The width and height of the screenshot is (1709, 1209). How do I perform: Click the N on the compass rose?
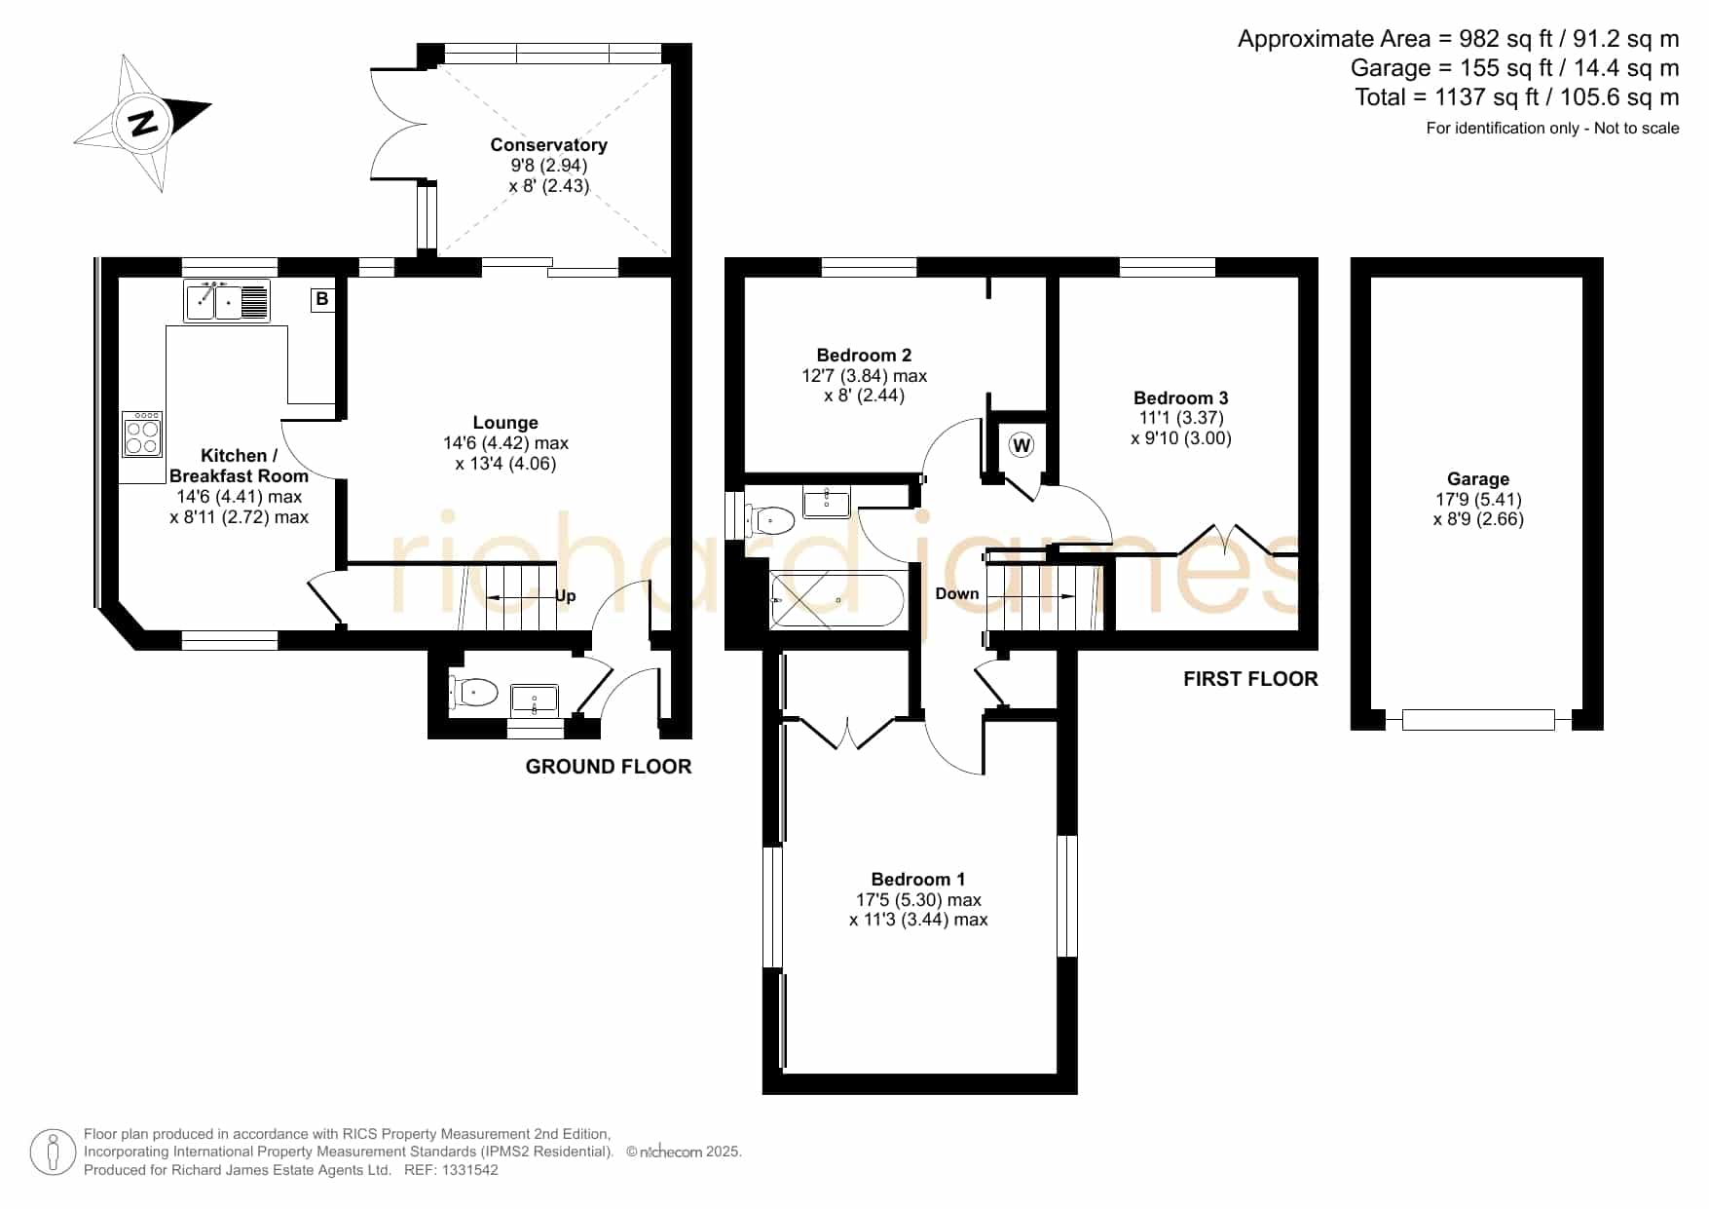(144, 123)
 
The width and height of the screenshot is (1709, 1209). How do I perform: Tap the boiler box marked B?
(322, 299)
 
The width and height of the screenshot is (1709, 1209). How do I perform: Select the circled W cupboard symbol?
(1021, 445)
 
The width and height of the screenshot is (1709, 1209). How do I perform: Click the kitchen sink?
(227, 300)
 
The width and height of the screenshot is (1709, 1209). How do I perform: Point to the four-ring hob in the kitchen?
(142, 434)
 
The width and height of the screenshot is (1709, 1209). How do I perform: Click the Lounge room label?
(505, 422)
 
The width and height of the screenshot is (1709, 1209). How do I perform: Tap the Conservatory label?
(548, 144)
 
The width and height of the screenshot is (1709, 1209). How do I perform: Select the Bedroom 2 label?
(864, 355)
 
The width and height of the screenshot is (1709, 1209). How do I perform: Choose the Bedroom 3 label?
(1180, 397)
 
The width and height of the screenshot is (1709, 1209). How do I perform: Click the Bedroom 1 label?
(918, 879)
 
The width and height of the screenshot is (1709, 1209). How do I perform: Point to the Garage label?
(1477, 478)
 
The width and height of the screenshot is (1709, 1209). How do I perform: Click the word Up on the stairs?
(566, 596)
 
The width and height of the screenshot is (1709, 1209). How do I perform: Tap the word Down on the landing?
(957, 593)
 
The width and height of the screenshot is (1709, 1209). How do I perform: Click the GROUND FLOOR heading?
(609, 767)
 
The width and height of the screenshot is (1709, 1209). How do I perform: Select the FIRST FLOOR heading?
(1250, 679)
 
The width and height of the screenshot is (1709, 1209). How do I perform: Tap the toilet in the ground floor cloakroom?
(473, 692)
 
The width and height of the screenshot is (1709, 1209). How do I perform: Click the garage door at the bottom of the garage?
(1477, 720)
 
